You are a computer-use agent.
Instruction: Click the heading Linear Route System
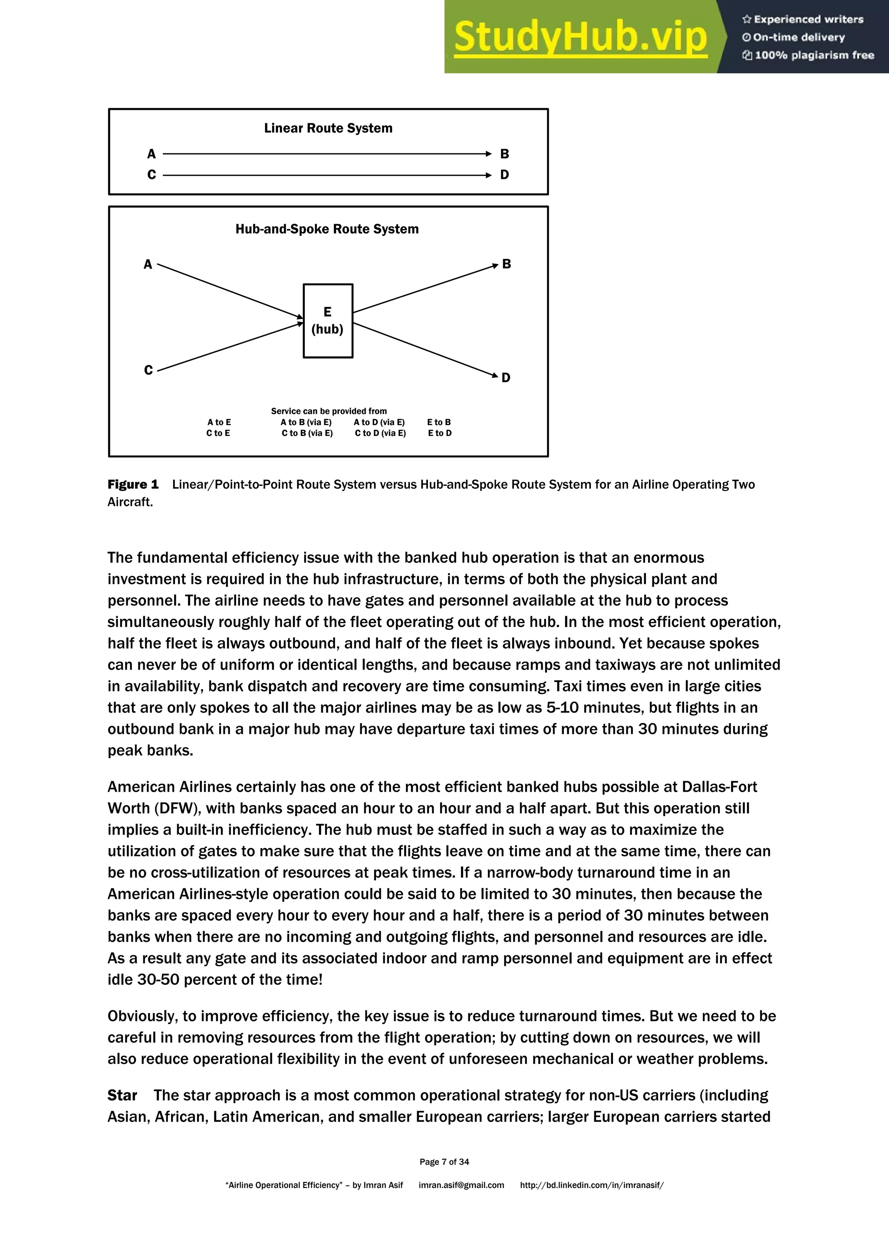pos(328,128)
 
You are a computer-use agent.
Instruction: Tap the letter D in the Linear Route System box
pos(504,175)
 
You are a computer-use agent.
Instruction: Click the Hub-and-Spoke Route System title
pos(327,229)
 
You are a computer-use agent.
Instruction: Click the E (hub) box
pos(328,320)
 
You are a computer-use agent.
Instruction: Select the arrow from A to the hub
pos(230,291)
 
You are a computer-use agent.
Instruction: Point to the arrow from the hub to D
pos(425,349)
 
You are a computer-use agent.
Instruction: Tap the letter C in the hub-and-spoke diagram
pos(148,370)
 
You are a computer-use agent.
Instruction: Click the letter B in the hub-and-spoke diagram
pos(507,264)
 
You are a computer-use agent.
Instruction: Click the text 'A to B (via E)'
pos(306,423)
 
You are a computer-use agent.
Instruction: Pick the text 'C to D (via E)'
pos(380,433)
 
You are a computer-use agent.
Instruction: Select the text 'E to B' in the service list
pos(439,423)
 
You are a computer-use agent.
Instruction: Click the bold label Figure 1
pos(133,484)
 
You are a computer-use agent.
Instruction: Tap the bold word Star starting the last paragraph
pos(122,1095)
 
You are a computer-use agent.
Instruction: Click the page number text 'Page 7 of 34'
pos(444,1162)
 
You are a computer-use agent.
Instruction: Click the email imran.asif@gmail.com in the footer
pos(461,1185)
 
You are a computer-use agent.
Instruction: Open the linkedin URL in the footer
pos(592,1185)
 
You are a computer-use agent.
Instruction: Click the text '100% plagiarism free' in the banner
pos(814,55)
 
